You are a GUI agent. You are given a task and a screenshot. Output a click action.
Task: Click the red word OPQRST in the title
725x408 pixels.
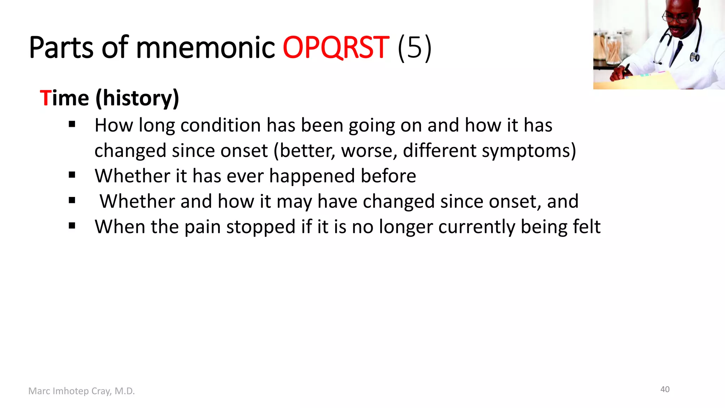pos(336,48)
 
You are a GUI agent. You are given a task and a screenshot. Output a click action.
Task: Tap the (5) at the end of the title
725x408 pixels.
pos(415,48)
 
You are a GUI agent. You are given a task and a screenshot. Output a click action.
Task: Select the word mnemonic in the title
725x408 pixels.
pos(205,48)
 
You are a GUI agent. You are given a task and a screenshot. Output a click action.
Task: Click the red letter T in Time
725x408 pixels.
pos(45,98)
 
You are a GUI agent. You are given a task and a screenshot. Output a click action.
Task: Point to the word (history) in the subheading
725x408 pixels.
pos(137,98)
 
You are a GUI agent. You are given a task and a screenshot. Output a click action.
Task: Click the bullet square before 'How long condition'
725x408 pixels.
pos(72,124)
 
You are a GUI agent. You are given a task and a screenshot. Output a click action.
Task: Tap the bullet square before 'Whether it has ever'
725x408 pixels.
pos(72,175)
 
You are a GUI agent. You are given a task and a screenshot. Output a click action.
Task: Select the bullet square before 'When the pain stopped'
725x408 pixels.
pos(72,226)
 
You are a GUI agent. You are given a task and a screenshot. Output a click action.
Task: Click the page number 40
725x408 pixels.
pos(665,390)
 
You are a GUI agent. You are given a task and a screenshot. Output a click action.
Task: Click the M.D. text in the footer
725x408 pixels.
pos(125,391)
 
